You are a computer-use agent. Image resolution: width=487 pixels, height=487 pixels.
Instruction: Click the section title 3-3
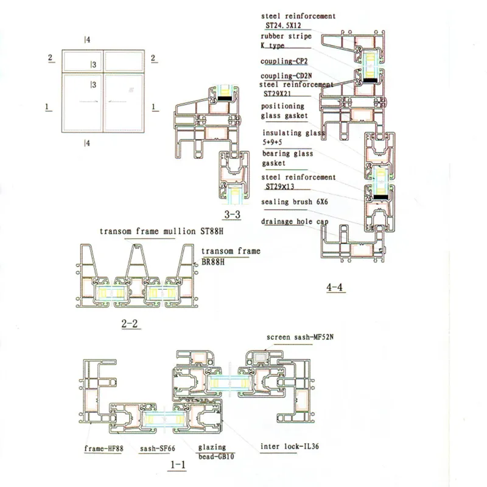click(x=233, y=215)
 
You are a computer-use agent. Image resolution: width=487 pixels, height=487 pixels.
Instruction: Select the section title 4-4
click(x=335, y=287)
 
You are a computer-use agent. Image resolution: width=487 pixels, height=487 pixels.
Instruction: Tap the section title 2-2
click(x=130, y=324)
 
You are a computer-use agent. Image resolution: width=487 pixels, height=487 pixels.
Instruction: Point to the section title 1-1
click(x=178, y=464)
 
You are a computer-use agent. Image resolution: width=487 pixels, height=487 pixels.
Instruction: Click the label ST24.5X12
click(x=283, y=26)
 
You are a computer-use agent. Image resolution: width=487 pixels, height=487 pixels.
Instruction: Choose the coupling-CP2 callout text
click(x=284, y=61)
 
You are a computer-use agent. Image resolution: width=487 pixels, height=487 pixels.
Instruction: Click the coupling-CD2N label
click(x=286, y=75)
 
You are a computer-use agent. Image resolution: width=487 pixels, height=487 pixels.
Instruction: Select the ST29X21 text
click(x=278, y=94)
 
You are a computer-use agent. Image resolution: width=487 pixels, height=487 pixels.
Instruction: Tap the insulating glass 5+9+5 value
click(x=272, y=142)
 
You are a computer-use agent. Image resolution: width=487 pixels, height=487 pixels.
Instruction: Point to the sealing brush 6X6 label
click(x=295, y=202)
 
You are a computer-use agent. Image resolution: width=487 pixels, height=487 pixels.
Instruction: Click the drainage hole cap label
click(x=295, y=222)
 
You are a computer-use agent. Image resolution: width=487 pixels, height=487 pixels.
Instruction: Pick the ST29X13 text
click(x=280, y=187)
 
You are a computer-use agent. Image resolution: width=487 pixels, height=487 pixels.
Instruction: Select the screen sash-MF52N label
click(x=300, y=337)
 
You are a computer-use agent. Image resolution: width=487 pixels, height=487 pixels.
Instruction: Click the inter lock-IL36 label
click(x=290, y=446)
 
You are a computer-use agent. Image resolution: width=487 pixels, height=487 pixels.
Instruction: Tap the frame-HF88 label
click(x=103, y=449)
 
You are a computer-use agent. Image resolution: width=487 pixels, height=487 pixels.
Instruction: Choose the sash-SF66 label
click(x=158, y=449)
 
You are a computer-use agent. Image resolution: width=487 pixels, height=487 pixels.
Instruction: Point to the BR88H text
click(x=213, y=262)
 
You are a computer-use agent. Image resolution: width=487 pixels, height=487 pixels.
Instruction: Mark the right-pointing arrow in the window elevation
click(x=89, y=101)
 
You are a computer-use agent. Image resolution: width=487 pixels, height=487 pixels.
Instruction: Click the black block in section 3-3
click(x=226, y=98)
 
